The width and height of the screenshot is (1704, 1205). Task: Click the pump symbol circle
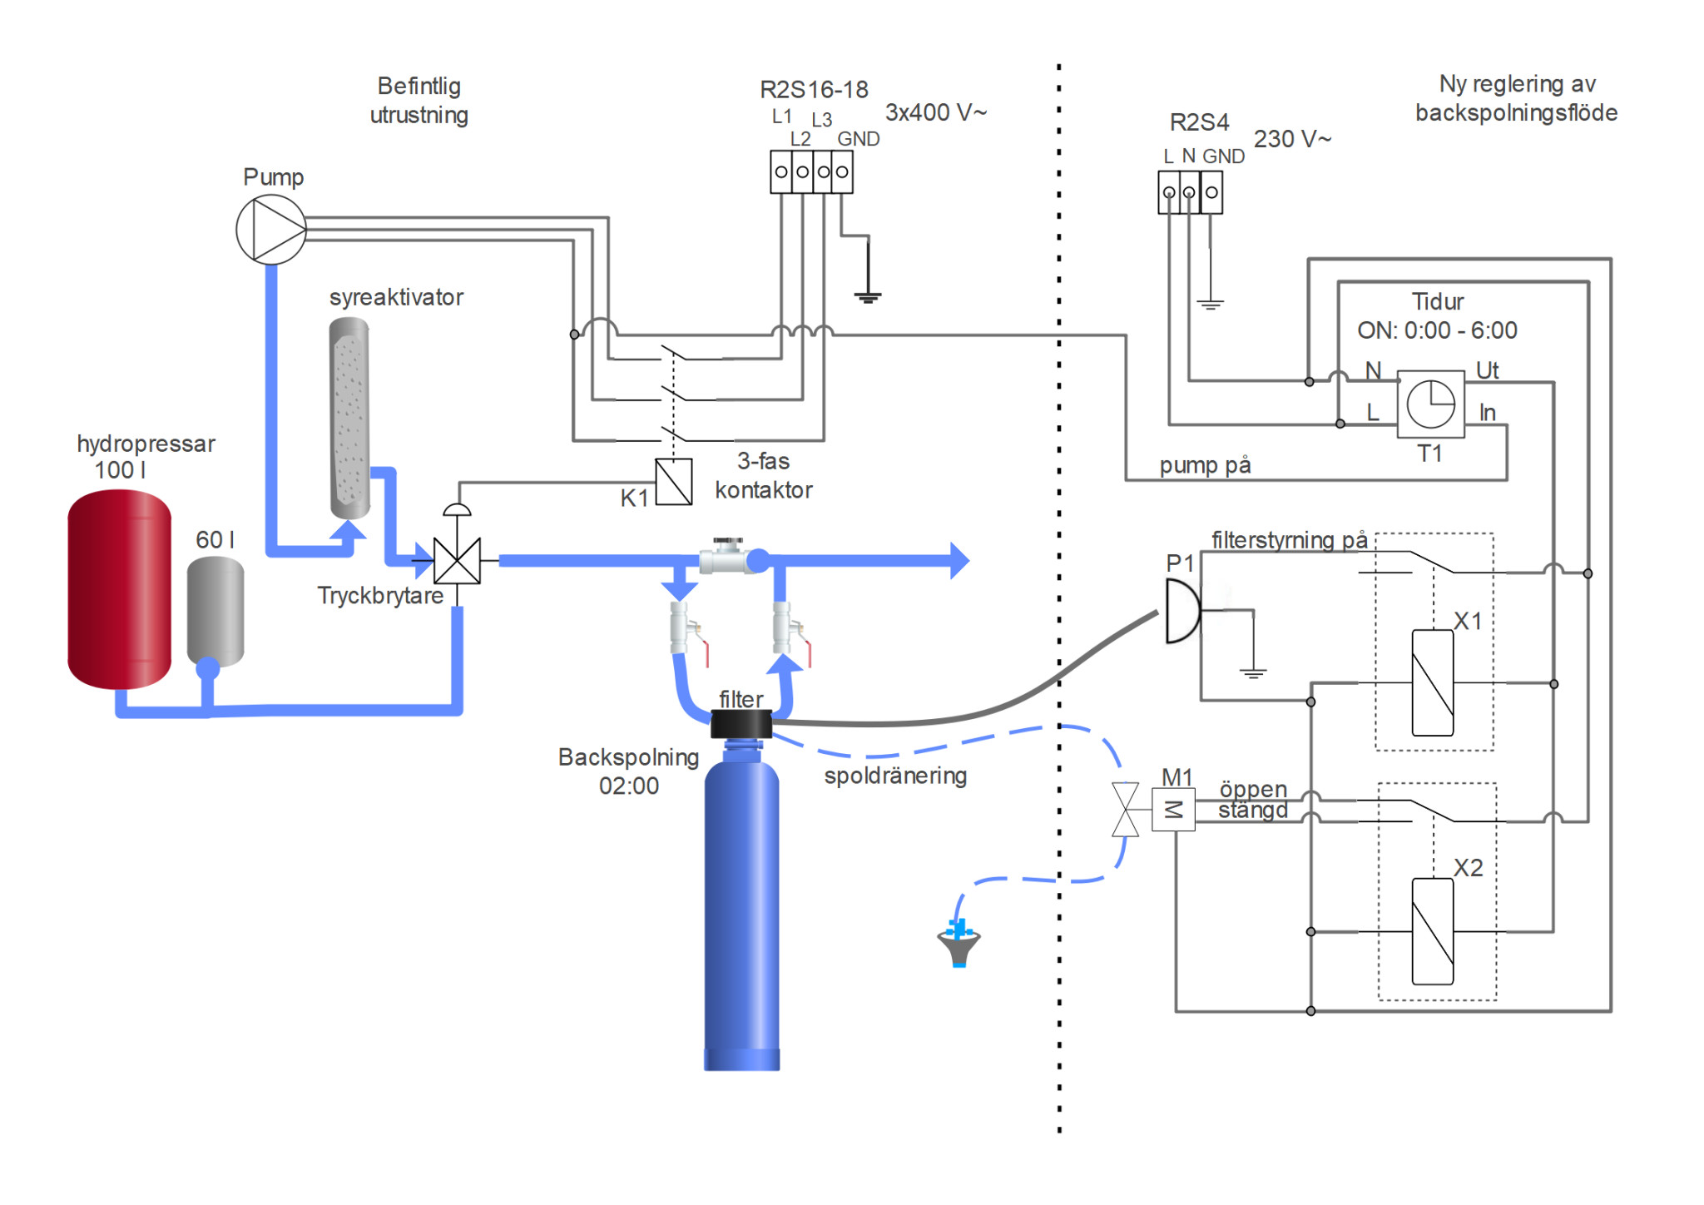(x=271, y=230)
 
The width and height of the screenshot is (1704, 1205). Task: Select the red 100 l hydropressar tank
(x=119, y=589)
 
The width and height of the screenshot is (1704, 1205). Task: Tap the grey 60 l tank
(x=215, y=612)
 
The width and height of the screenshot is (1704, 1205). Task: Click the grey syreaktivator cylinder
(x=349, y=418)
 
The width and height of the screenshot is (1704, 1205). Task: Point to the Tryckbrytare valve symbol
(x=457, y=560)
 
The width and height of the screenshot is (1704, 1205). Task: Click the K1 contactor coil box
(x=674, y=482)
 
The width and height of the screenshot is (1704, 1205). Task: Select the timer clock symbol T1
(x=1430, y=404)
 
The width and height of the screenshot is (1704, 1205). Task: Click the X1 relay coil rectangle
(x=1433, y=683)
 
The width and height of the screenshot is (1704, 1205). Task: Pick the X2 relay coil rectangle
(x=1433, y=931)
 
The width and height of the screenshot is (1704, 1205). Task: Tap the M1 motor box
(x=1173, y=810)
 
